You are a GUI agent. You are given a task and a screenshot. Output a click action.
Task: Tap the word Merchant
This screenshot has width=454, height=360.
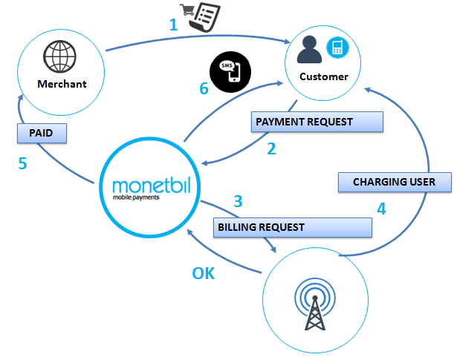(x=62, y=84)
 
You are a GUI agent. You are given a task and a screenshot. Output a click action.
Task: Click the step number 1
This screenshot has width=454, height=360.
(x=174, y=24)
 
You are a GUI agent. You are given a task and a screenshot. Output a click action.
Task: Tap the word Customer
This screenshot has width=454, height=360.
(x=323, y=76)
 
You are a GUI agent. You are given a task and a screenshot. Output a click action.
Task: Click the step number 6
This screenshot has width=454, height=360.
(x=204, y=89)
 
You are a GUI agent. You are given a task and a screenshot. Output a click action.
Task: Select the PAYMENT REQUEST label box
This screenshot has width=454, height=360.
(x=317, y=122)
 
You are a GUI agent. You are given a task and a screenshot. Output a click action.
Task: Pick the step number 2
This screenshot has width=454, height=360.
(x=271, y=148)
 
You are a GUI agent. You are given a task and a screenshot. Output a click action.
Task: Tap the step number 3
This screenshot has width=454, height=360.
(x=238, y=201)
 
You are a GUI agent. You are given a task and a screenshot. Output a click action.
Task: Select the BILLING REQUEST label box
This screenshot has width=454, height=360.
(x=291, y=227)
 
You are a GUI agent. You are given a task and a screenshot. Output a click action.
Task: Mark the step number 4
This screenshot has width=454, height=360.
(x=381, y=209)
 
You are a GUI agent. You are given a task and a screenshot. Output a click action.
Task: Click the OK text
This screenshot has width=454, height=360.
(x=203, y=273)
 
